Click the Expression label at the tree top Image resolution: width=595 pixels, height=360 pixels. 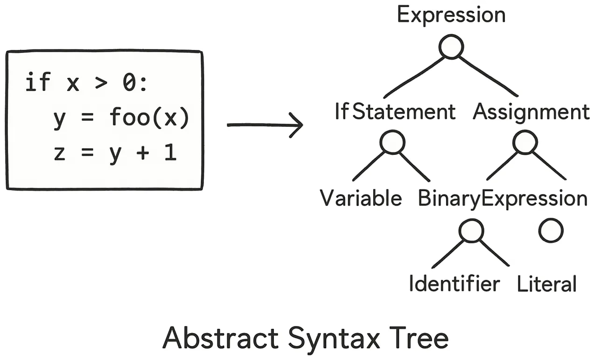point(451,15)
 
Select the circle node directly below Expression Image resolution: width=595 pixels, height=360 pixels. point(451,47)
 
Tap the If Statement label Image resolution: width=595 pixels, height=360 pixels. point(395,112)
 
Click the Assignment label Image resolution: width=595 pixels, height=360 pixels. point(532,112)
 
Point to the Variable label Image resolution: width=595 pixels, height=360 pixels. point(361,199)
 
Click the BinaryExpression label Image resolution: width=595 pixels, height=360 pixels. point(502,199)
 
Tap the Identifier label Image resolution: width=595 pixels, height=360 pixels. point(454,284)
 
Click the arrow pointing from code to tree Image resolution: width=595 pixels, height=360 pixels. point(265,125)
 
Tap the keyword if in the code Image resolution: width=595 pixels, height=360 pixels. point(37,83)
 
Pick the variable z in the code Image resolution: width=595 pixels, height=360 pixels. point(59,153)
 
